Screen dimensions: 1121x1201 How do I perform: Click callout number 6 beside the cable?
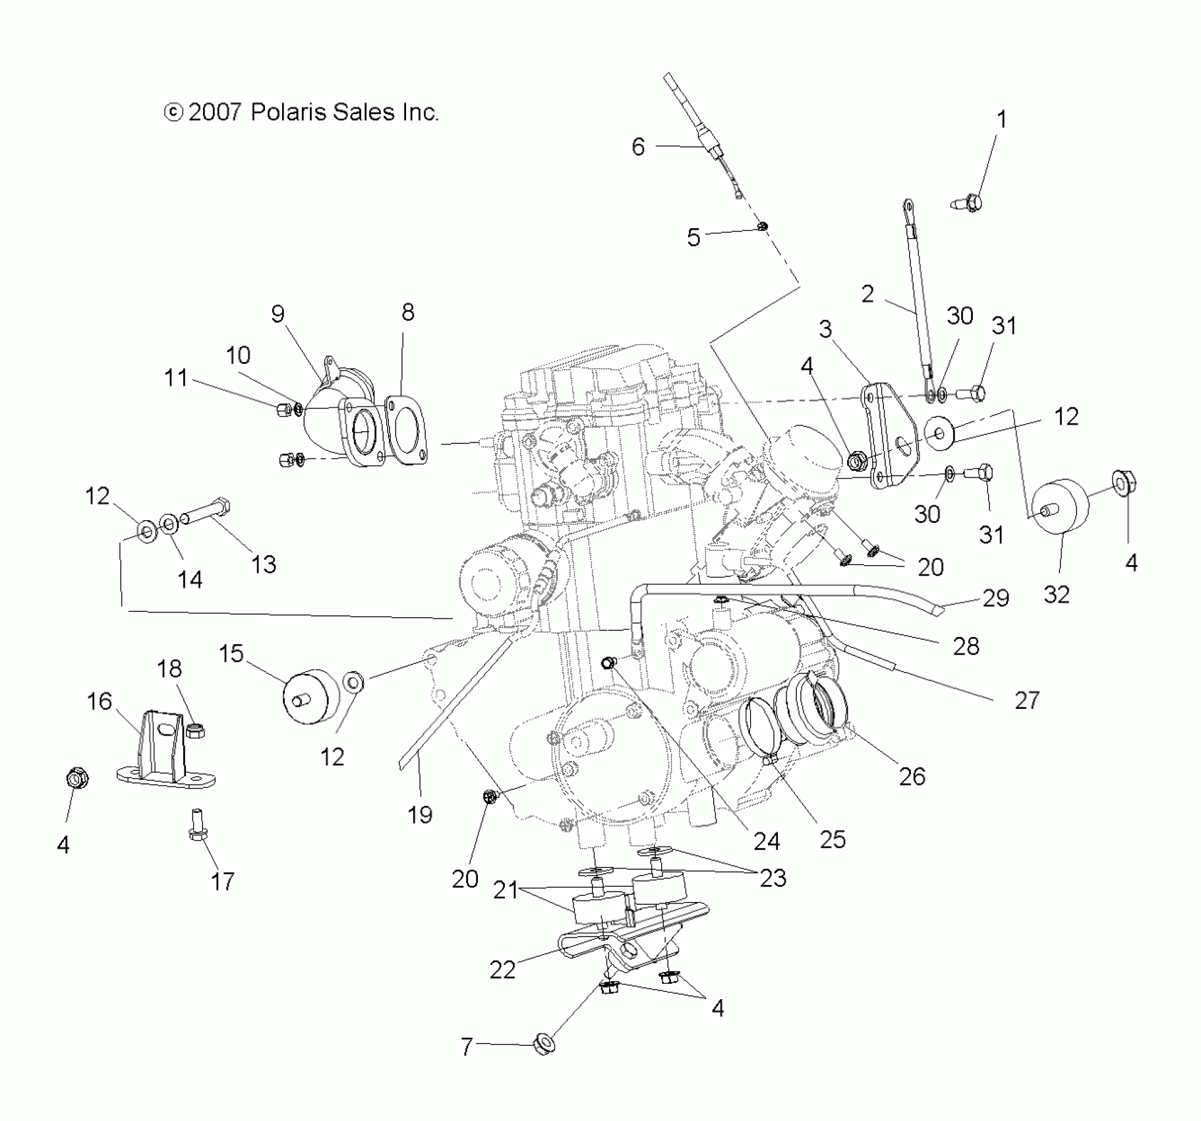pos(637,146)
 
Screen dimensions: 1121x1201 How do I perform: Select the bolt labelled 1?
pos(968,200)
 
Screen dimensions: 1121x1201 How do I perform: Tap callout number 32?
pos(1056,594)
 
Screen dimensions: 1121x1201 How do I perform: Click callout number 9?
pos(278,314)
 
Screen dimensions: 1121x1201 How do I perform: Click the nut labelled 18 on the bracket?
pos(195,730)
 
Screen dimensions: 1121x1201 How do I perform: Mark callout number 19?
pos(420,814)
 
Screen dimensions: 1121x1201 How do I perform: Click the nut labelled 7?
pos(542,1046)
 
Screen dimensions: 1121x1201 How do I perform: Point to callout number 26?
pos(912,776)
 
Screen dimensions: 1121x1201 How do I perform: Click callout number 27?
pos(1026,700)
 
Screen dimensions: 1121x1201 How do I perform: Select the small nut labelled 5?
pos(763,227)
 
